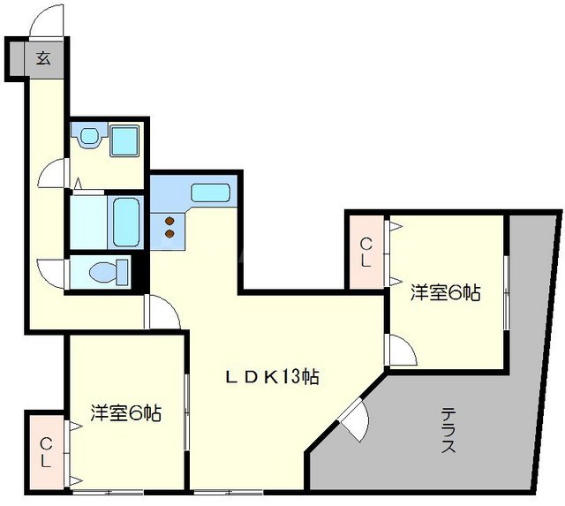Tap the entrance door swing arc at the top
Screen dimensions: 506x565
[46, 20]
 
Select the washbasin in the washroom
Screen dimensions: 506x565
[89, 137]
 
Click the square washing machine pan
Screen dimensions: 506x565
[124, 140]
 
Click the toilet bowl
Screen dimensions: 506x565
[104, 272]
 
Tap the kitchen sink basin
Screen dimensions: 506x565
[210, 193]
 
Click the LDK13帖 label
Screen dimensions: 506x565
[271, 377]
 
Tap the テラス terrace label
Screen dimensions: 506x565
[448, 430]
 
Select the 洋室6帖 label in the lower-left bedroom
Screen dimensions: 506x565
[125, 412]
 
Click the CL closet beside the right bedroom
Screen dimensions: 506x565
[365, 252]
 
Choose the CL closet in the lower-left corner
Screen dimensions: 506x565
[44, 452]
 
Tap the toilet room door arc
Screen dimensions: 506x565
[49, 271]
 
